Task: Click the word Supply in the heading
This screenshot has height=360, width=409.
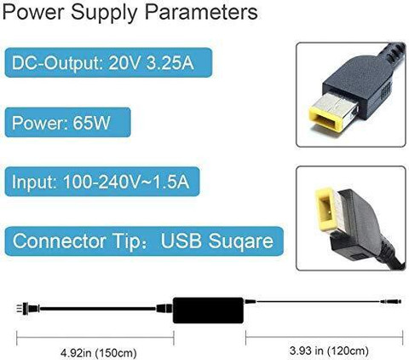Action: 104,14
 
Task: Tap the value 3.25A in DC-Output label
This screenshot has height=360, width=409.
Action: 170,62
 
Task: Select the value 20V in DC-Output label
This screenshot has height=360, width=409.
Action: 124,62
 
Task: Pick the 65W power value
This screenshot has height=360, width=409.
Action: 91,123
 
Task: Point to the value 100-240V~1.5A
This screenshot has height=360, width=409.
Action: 126,182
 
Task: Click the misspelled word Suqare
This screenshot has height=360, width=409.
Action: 241,241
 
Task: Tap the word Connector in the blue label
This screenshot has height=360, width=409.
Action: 59,241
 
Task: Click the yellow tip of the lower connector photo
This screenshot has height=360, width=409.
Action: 326,209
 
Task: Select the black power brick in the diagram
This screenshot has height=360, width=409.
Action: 209,311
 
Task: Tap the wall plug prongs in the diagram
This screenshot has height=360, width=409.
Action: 20,308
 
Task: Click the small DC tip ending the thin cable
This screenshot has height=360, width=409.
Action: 391,301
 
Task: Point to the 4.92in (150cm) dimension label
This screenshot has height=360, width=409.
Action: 99,353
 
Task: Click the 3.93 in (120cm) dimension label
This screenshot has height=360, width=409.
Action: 329,351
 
